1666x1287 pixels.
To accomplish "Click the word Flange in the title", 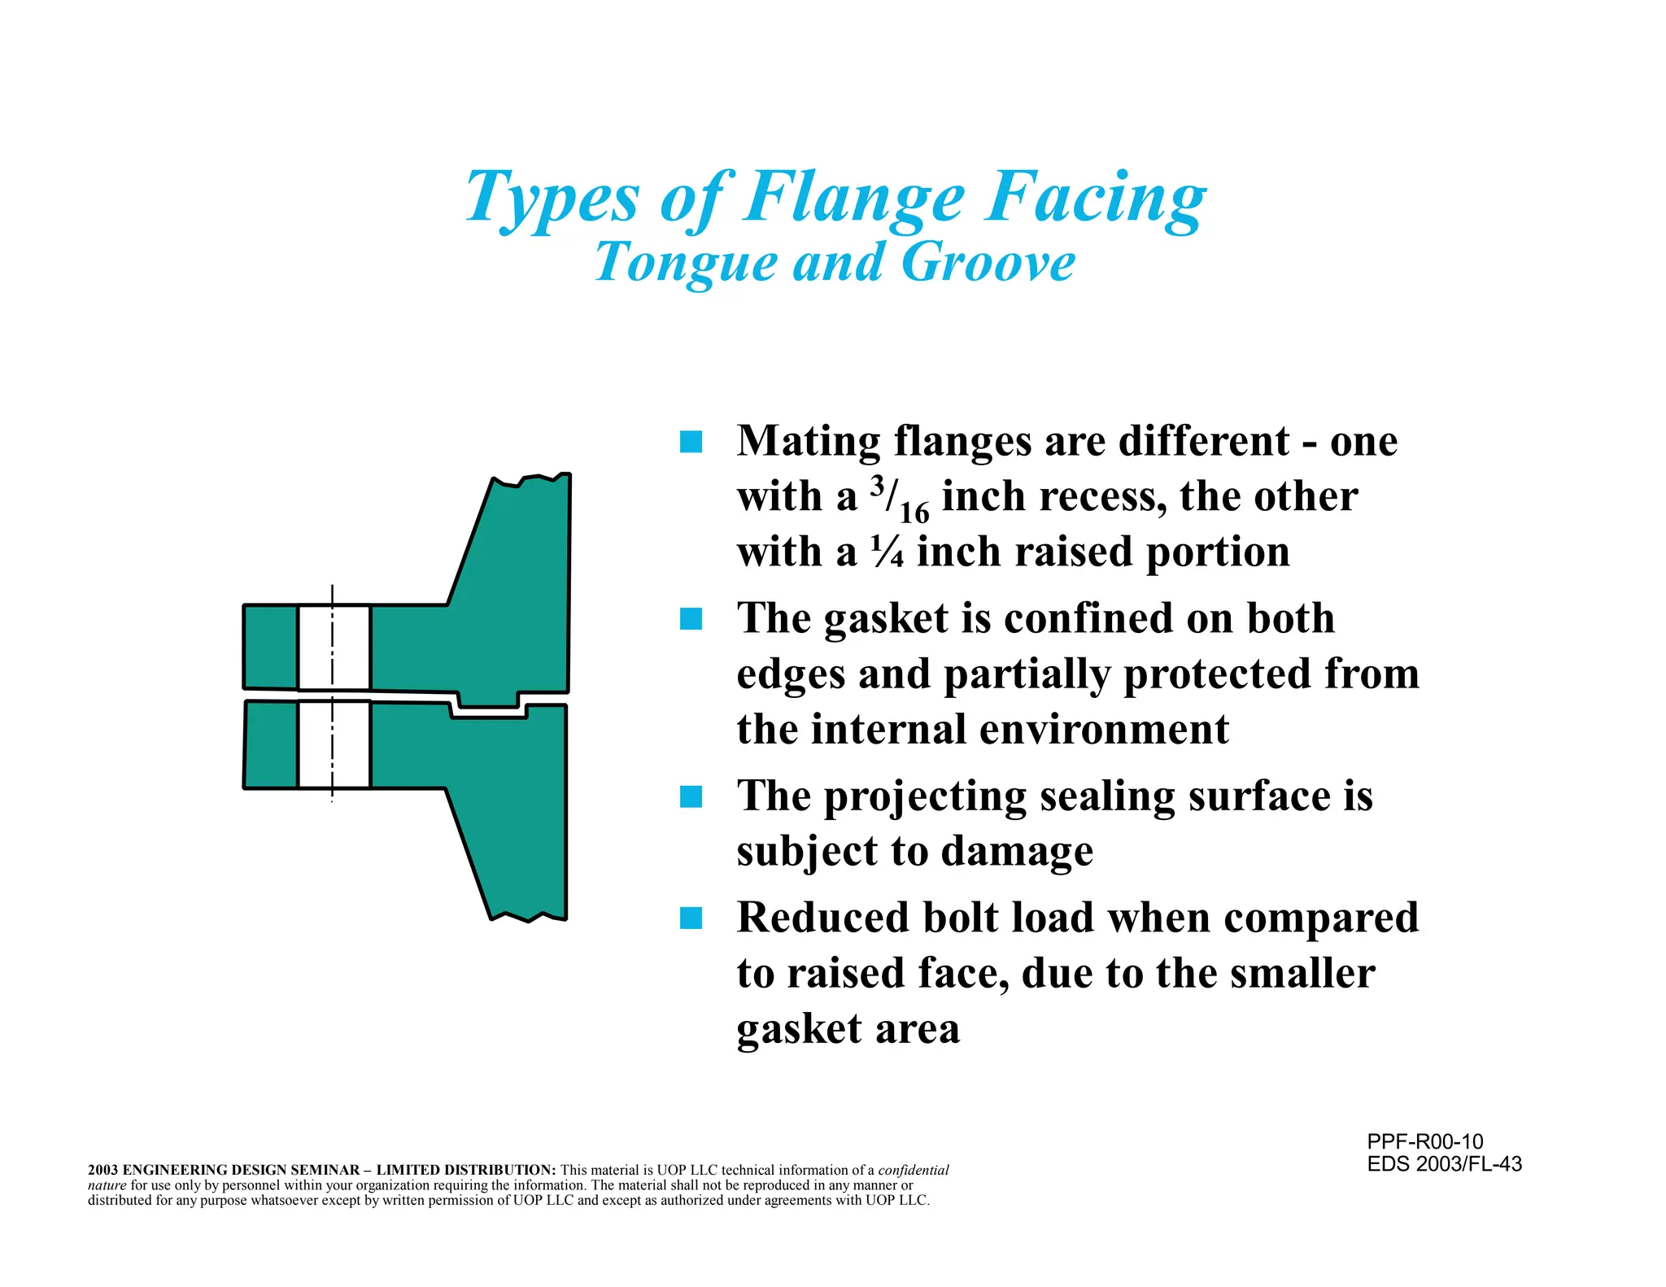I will coord(854,198).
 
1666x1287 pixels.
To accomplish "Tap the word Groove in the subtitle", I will coord(988,262).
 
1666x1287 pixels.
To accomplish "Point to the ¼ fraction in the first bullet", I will coord(887,552).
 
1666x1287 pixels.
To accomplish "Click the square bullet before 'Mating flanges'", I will coord(691,443).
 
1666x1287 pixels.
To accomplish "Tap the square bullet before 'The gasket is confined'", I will coord(691,619).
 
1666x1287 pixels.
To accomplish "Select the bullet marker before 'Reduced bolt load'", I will coord(691,918).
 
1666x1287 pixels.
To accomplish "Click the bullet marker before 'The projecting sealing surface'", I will coord(691,796).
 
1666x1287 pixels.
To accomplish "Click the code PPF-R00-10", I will coord(1424,1141).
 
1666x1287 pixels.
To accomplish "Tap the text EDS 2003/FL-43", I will coord(1444,1164).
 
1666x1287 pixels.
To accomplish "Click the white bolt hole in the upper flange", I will coord(334,648).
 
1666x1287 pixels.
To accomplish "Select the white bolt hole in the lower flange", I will coord(334,744).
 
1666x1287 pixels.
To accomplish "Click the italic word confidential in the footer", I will coord(914,1171).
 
